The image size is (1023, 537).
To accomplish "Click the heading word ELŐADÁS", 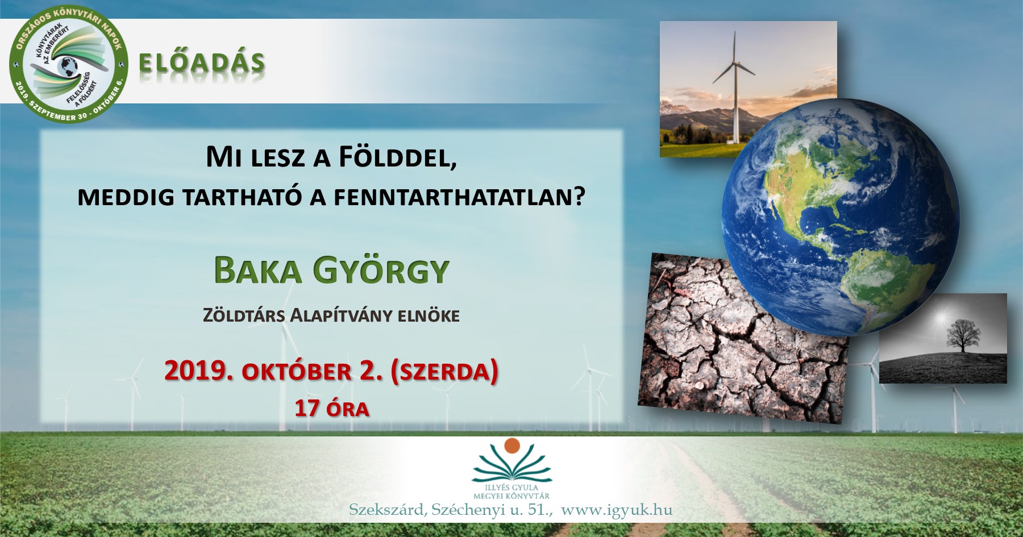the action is coord(202,63).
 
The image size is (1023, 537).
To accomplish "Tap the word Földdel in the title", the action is coord(398,157).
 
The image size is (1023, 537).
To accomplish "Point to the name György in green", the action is coord(381,272).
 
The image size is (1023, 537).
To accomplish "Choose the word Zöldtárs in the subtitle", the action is coord(244,315).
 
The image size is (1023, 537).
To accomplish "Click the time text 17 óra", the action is coord(331,409).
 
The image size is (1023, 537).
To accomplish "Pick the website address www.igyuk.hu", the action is coord(616,510).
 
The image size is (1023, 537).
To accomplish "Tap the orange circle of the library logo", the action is coord(512,446).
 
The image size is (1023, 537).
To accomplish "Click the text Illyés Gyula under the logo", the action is coord(511,488).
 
